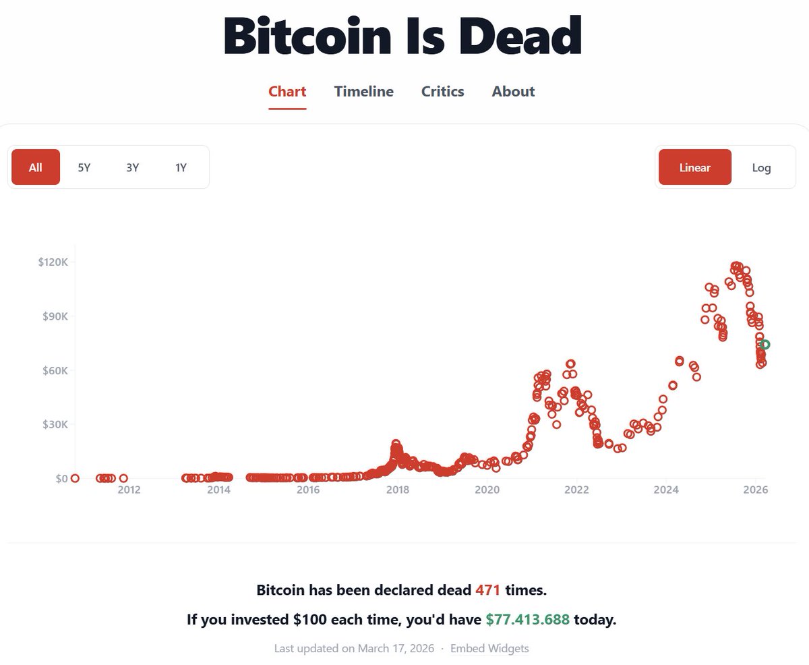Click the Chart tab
point(287,92)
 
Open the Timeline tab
point(363,92)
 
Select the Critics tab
point(442,92)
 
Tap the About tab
point(513,92)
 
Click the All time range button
point(36,167)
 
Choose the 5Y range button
point(84,167)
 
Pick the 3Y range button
point(132,167)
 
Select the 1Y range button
point(181,167)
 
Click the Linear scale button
point(694,167)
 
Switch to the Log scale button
point(761,167)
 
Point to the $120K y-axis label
point(53,262)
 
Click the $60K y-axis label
point(53,370)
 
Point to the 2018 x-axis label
point(397,490)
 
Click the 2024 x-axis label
point(666,490)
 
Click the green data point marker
point(765,345)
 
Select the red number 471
point(487,590)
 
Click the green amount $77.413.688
point(527,620)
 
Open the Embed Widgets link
point(489,649)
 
